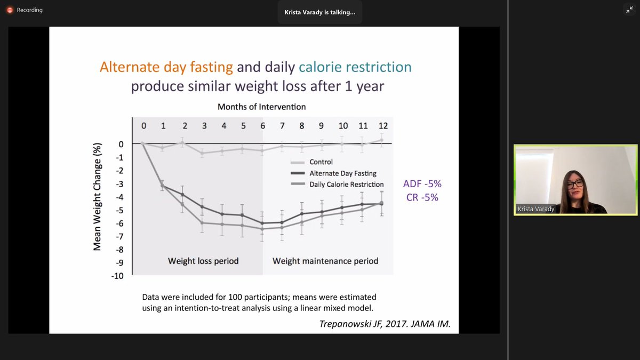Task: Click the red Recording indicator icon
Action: pos(9,10)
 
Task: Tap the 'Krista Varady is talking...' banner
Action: pos(319,12)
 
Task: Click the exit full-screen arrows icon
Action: pos(629,10)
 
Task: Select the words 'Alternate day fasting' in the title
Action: pos(166,67)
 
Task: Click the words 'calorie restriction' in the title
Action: pos(355,67)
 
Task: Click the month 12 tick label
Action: pos(382,126)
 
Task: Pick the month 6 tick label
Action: pos(262,126)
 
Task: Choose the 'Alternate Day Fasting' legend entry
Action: pos(342,173)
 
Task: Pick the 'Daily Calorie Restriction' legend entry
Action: pos(347,185)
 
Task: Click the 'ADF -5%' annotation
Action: pos(422,184)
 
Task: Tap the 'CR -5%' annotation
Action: pos(422,197)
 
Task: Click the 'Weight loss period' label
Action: pos(203,261)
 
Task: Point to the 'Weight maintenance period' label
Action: pos(325,261)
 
